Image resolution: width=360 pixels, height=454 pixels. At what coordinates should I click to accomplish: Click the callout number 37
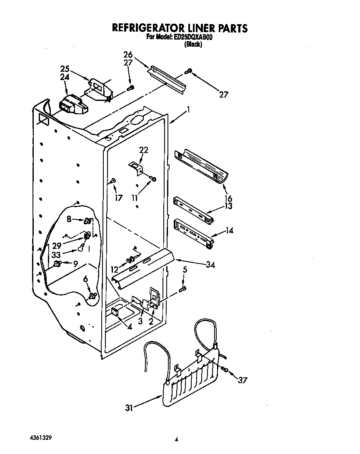point(242,380)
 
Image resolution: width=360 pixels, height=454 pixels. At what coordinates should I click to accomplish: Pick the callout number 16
point(228,198)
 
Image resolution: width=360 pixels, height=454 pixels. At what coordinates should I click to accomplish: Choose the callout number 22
point(144,150)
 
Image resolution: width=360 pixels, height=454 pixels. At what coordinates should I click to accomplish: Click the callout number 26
point(128,54)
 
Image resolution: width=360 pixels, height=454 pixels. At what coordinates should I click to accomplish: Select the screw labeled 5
point(182,288)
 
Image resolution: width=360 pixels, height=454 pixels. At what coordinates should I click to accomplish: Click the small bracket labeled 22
point(136,167)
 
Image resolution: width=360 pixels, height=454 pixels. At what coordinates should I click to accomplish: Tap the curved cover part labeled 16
point(202,166)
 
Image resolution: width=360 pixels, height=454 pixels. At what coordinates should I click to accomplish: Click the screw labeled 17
point(113,181)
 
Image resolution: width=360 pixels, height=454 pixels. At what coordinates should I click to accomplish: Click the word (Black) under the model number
point(193,45)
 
